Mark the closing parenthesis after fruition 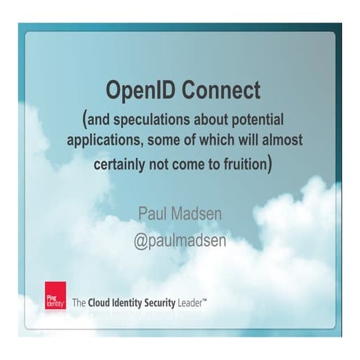coord(271,163)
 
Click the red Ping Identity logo coord(55,295)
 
